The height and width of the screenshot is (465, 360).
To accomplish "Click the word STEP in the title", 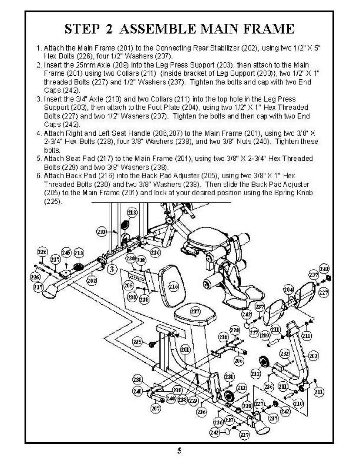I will [82, 29].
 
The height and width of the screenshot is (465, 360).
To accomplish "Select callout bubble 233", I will [101, 232].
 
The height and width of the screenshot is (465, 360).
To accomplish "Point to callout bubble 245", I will [66, 252].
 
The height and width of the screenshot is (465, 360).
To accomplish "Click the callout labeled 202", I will [91, 280].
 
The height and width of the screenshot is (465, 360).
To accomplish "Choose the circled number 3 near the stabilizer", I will [112, 269].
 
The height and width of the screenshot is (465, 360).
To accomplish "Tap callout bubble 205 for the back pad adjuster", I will [129, 285].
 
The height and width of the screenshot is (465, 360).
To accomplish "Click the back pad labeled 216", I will [174, 287].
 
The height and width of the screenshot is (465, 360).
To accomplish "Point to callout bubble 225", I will [137, 342].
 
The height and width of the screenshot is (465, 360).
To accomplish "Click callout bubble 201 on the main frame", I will [185, 349].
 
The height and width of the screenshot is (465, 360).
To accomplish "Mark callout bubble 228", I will [235, 330].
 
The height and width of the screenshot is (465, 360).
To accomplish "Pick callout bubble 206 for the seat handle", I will [238, 361].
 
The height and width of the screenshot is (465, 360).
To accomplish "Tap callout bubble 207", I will [156, 408].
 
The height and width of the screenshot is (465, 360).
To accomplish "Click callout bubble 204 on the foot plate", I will [288, 290].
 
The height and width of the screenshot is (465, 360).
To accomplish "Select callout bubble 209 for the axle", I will [265, 335].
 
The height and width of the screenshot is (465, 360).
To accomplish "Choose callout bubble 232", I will [284, 354].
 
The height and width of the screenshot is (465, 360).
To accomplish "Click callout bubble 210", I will [298, 404].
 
